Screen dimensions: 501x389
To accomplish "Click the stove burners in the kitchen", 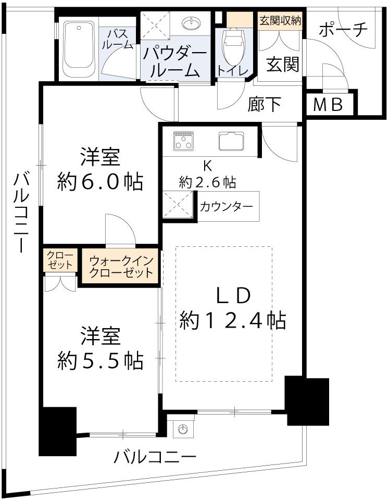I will click(183, 140).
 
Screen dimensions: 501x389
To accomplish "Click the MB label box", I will click(329, 105).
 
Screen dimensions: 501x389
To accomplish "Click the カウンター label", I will click(227, 207).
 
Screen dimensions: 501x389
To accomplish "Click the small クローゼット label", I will click(60, 259).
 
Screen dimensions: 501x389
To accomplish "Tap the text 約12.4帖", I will click(233, 320).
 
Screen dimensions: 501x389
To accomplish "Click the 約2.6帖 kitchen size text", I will click(207, 182).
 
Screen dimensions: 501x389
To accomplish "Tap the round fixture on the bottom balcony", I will click(182, 430).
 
